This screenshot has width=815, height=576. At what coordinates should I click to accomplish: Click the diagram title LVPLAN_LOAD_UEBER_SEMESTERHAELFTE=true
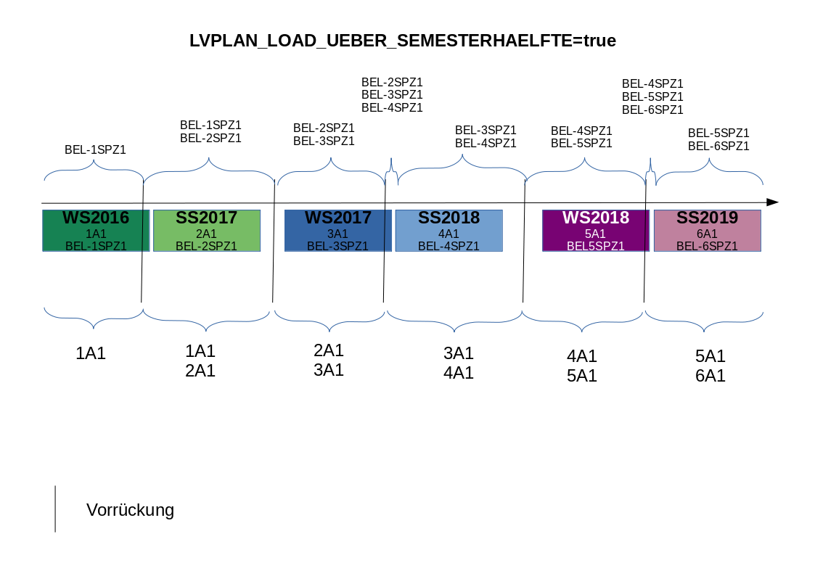tap(402, 41)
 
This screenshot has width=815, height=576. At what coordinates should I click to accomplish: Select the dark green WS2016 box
tap(96, 230)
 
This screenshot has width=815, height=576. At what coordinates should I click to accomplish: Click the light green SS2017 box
tap(206, 230)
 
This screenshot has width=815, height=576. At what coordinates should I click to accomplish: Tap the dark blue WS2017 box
tap(337, 230)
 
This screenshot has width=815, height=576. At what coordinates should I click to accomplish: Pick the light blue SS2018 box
tap(449, 230)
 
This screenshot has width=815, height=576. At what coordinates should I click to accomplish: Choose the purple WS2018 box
tap(595, 230)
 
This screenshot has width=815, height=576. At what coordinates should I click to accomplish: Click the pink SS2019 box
tap(707, 230)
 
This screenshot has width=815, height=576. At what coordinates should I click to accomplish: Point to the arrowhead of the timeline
tap(773, 202)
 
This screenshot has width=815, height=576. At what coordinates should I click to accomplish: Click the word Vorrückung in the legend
tap(130, 510)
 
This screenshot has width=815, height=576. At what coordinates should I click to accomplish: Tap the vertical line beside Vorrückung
tap(55, 509)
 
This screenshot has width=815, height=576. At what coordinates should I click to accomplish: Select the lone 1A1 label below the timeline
tap(91, 354)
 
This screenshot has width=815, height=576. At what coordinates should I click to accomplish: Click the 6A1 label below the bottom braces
tap(710, 376)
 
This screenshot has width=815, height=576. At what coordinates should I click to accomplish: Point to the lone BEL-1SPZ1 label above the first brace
tap(95, 150)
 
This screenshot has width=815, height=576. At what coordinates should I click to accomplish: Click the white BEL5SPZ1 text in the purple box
tap(595, 246)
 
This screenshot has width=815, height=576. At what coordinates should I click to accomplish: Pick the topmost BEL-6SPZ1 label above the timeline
tap(652, 110)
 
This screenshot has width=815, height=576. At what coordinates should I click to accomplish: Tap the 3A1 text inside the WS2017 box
tap(338, 234)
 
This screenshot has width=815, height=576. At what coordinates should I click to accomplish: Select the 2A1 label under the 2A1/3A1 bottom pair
tap(328, 350)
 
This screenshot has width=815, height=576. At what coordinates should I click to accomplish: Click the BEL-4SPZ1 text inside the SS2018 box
tap(449, 246)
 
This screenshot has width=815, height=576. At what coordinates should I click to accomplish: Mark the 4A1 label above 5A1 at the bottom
tap(581, 356)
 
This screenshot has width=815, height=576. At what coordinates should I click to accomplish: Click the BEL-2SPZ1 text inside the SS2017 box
tap(206, 246)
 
